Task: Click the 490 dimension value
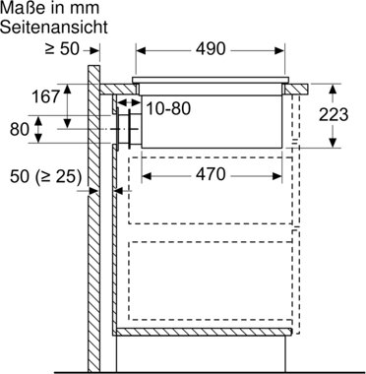pyautogui.click(x=211, y=49)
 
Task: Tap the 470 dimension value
pyautogui.click(x=211, y=174)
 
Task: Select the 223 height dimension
pyautogui.click(x=334, y=115)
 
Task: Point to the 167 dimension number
pyautogui.click(x=46, y=96)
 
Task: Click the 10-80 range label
pyautogui.click(x=167, y=108)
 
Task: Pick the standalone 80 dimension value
pyautogui.click(x=20, y=129)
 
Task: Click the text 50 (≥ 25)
pyautogui.click(x=45, y=177)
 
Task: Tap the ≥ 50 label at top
pyautogui.click(x=62, y=49)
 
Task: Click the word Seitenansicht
pyautogui.click(x=54, y=27)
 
